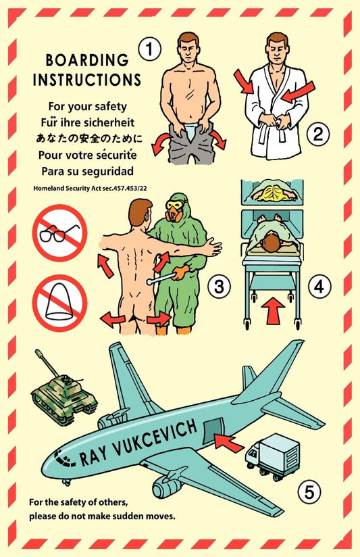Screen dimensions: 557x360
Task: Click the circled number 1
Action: pyautogui.click(x=149, y=49)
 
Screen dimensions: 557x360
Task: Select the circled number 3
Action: pyautogui.click(x=217, y=287)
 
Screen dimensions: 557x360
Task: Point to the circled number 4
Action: pyautogui.click(x=320, y=287)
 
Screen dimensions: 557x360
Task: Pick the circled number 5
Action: pyautogui.click(x=309, y=492)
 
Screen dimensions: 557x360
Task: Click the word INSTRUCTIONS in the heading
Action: pyautogui.click(x=88, y=80)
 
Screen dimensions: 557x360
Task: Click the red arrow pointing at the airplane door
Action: pyautogui.click(x=229, y=443)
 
